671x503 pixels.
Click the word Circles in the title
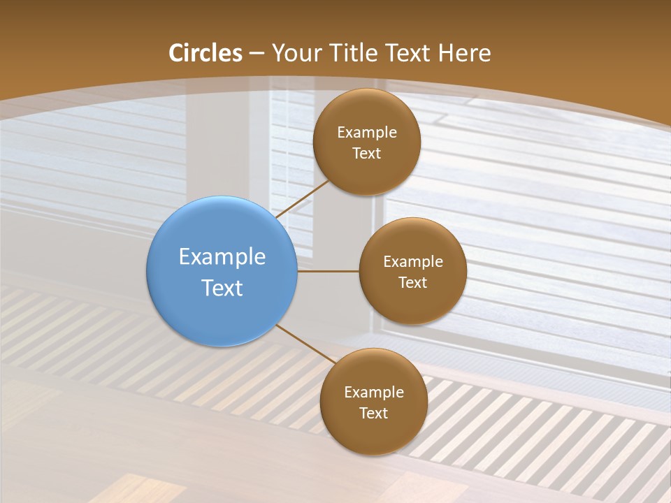(205, 53)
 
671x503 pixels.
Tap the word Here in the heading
(465, 53)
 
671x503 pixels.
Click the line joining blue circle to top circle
(303, 198)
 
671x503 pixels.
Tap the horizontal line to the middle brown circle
(329, 271)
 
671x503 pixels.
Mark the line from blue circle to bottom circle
(306, 345)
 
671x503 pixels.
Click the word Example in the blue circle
(222, 257)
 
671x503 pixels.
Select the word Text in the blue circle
(222, 288)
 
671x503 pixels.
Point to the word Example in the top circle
(367, 133)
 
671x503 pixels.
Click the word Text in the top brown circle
(367, 153)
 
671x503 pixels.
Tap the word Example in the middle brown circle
(413, 262)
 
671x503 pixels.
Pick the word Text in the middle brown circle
(413, 282)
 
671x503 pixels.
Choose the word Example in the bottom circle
(374, 393)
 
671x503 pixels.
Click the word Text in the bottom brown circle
(374, 413)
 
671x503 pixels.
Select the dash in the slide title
(257, 53)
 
